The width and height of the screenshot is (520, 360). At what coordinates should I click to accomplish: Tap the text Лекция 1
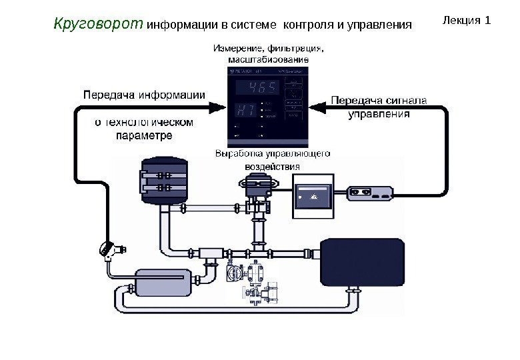[467, 20]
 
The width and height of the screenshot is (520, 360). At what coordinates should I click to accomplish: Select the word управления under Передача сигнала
[379, 114]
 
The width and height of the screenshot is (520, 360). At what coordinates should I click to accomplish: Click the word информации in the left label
[171, 94]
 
